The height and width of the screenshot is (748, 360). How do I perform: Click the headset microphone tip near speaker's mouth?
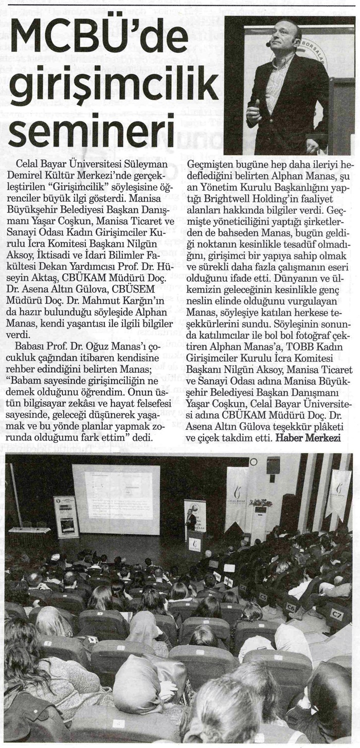point(268,45)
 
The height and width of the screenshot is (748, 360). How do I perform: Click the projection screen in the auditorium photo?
point(116,499)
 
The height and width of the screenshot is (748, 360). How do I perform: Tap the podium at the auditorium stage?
point(196,542)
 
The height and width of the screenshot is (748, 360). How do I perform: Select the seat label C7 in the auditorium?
point(336,613)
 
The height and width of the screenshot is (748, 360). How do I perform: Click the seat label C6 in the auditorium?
point(291,607)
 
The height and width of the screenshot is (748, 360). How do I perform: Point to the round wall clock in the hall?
point(253,462)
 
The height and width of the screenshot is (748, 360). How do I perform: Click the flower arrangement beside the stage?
point(260,503)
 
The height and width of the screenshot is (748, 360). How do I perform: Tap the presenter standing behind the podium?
point(191,521)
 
